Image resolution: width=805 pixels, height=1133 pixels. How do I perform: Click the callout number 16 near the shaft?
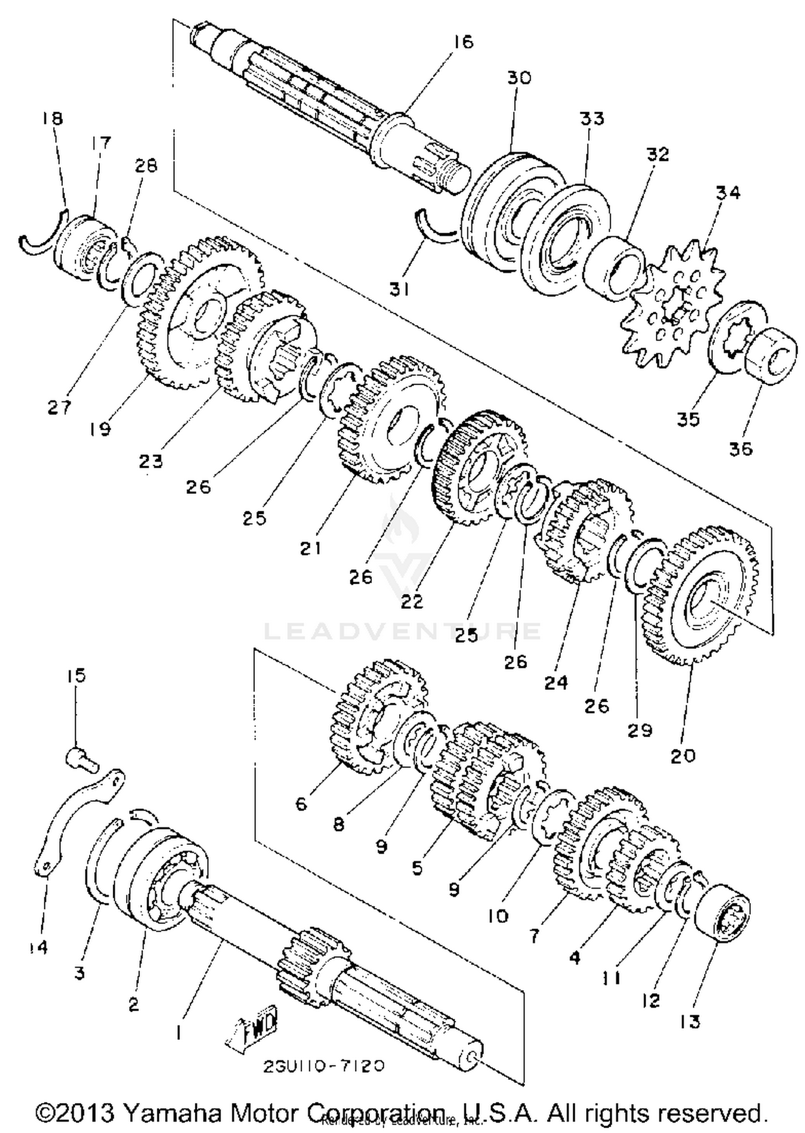tap(462, 42)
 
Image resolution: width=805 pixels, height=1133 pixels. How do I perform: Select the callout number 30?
tap(518, 78)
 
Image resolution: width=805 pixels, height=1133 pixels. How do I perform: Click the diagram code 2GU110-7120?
tap(324, 1066)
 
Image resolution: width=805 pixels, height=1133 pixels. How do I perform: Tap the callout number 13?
tap(689, 1022)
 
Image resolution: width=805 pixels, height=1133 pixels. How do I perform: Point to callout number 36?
tap(741, 448)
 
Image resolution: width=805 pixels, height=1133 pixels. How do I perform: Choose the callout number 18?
tap(52, 119)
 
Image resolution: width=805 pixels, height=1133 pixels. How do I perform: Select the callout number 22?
tap(412, 602)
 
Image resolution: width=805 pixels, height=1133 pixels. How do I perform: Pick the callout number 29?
tap(640, 730)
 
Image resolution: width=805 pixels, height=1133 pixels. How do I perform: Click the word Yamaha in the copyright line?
tap(172, 1112)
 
